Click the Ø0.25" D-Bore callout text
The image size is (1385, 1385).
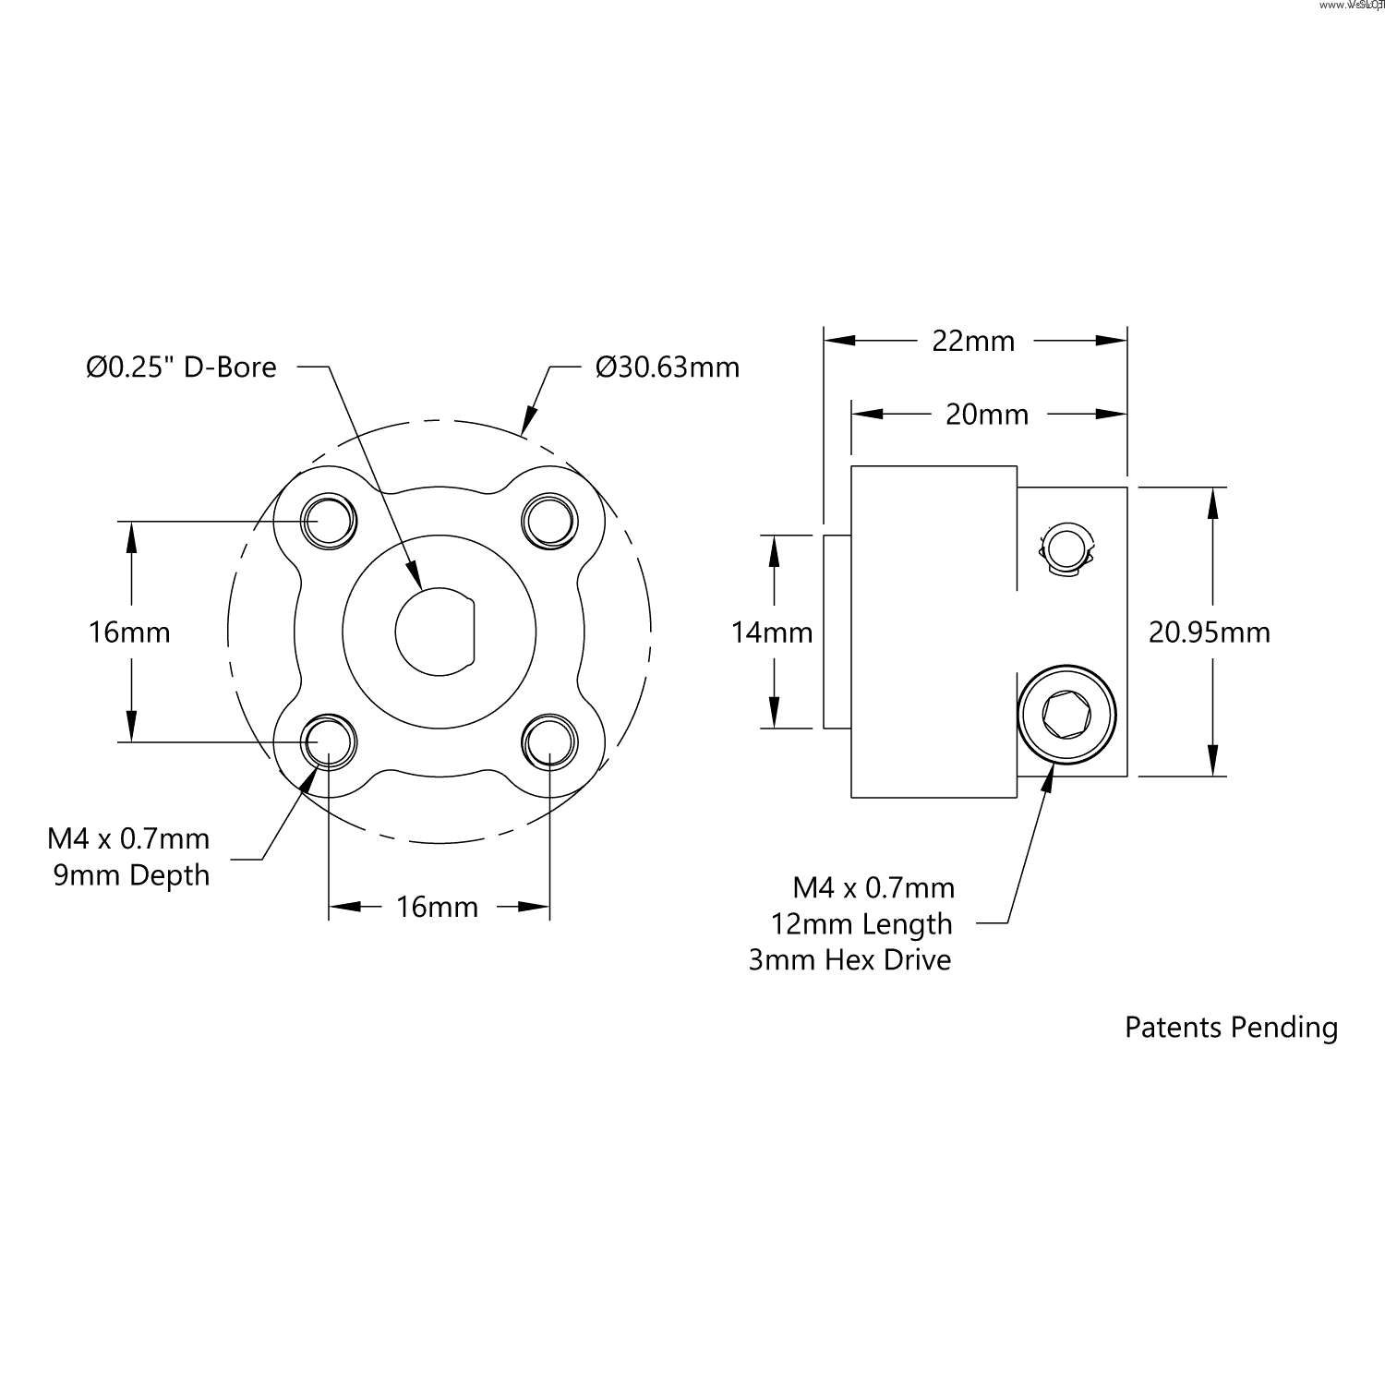pos(181,367)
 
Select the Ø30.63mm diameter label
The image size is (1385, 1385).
pos(668,367)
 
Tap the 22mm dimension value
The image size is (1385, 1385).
pos(973,341)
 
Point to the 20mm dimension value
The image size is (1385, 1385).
pos(987,415)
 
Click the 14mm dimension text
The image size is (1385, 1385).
pos(772,632)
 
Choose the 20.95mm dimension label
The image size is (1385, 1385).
pos(1209,632)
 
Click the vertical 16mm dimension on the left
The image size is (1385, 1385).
pos(129,632)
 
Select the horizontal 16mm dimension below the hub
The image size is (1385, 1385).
pos(437,907)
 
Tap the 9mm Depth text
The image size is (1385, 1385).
pos(131,875)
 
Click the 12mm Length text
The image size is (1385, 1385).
pos(861,923)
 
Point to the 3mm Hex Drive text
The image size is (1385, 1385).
pos(849,960)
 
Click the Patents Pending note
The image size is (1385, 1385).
pos(1231,1028)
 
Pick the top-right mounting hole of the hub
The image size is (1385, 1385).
pos(550,521)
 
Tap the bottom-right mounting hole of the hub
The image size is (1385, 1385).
pos(550,741)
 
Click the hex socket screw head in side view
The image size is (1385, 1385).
pos(1066,714)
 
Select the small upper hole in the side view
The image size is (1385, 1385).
pos(1066,550)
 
